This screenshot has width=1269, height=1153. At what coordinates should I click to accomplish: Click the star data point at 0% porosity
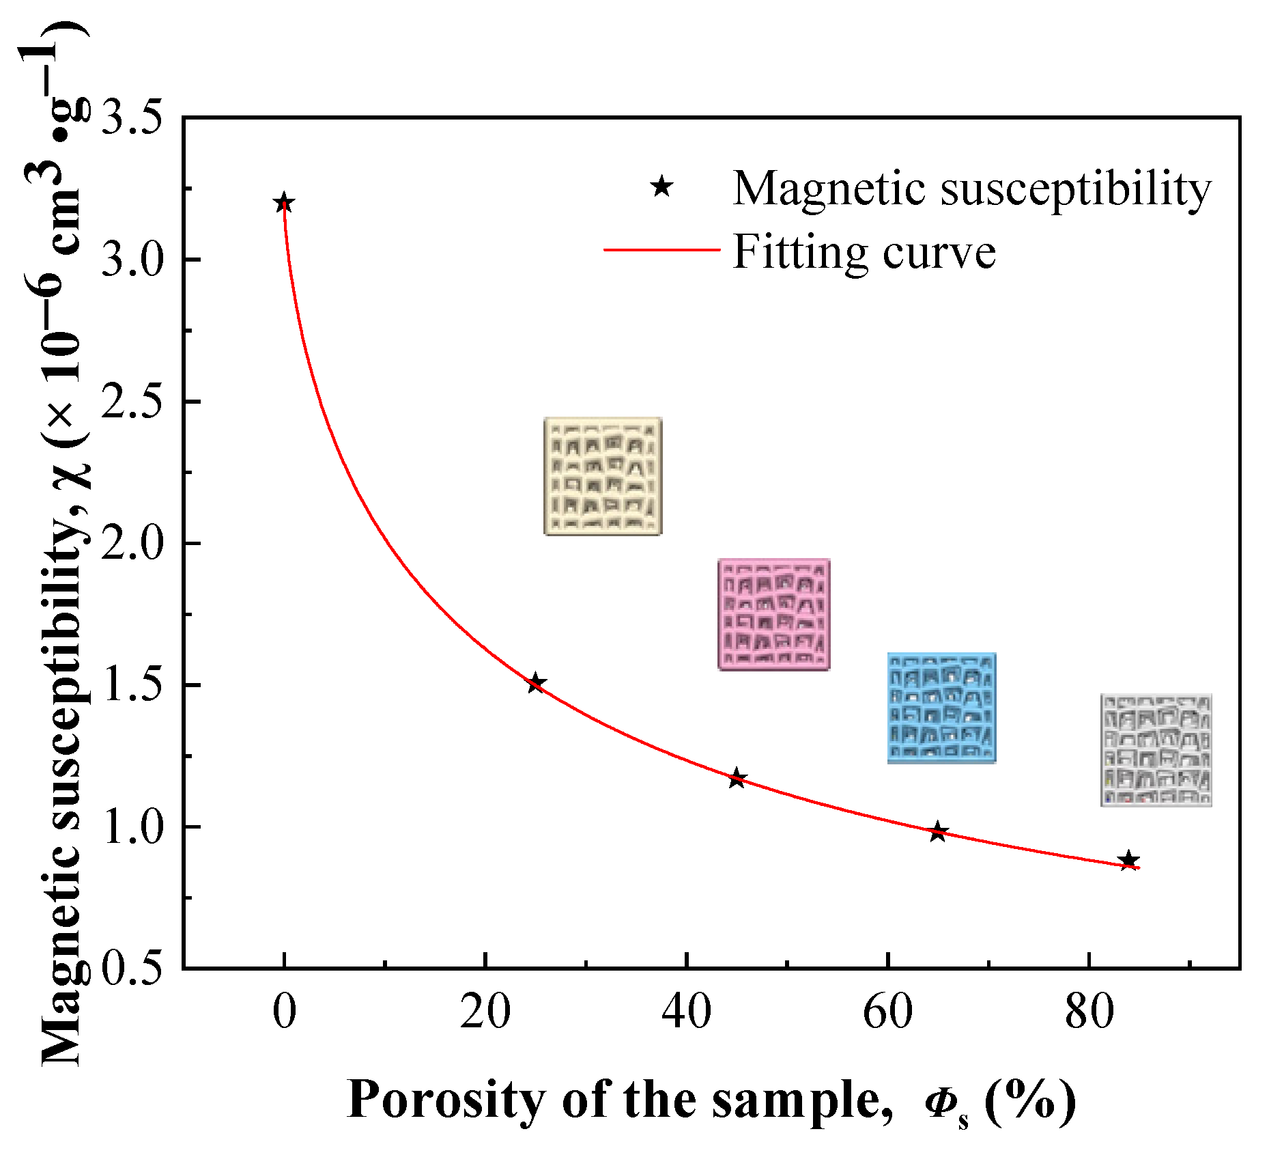click(x=284, y=203)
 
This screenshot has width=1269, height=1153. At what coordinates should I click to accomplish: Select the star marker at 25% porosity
click(x=536, y=683)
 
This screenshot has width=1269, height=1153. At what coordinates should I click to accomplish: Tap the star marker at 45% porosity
click(x=737, y=778)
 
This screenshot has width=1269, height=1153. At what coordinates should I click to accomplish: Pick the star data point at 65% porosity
click(x=938, y=831)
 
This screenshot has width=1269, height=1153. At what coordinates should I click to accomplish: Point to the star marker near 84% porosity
click(x=1129, y=860)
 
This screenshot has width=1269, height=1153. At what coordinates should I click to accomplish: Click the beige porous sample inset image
click(x=603, y=476)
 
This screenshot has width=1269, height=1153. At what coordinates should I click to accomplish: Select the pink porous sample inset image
click(x=774, y=614)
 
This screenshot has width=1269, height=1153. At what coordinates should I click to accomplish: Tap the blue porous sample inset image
click(x=941, y=708)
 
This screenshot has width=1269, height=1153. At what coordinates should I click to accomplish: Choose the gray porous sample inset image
click(x=1156, y=750)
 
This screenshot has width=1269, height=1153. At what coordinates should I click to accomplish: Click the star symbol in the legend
click(x=661, y=186)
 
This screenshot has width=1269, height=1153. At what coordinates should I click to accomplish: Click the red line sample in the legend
click(x=661, y=250)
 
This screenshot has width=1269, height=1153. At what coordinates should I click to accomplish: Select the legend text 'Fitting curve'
click(x=864, y=253)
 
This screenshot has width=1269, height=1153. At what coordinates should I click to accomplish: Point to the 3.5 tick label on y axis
click(x=132, y=117)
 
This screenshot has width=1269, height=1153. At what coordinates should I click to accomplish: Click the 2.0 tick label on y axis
click(x=132, y=543)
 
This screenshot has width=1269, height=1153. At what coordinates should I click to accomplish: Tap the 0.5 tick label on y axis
click(x=132, y=968)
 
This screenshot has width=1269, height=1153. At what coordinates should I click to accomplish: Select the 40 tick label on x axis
click(x=686, y=1012)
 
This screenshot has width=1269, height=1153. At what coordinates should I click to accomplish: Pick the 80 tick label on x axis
click(x=1089, y=1012)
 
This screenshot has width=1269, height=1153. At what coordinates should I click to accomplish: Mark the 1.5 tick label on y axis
click(x=132, y=684)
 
